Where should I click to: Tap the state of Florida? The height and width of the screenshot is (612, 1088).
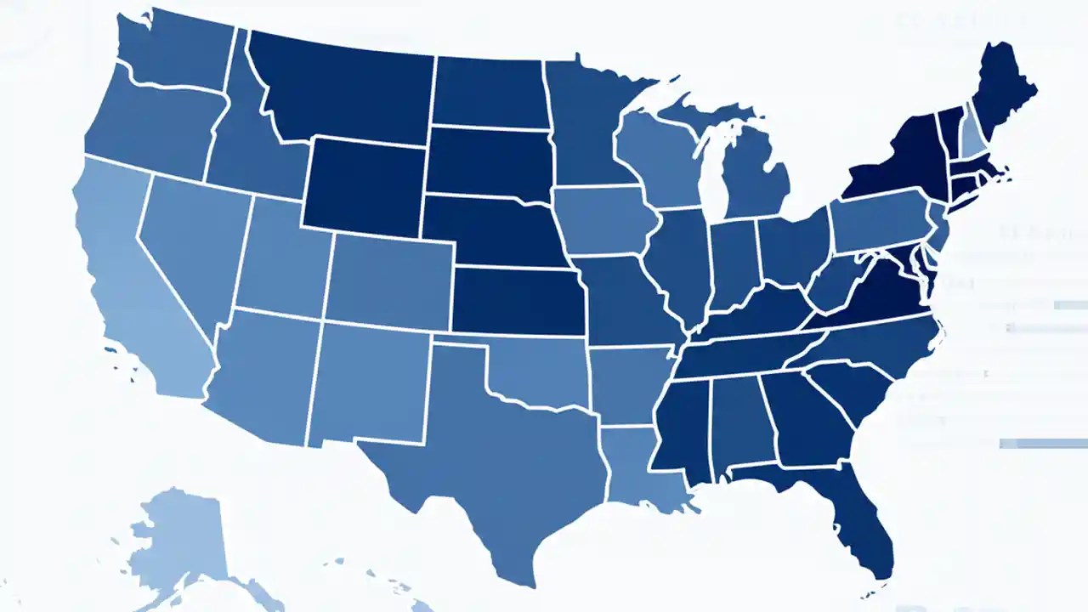[858, 518]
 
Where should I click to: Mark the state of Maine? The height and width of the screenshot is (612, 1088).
[1003, 93]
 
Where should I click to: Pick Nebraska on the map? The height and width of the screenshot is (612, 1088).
[493, 229]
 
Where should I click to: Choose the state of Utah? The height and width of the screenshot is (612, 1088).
[280, 255]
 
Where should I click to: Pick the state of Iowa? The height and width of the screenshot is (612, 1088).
[603, 221]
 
